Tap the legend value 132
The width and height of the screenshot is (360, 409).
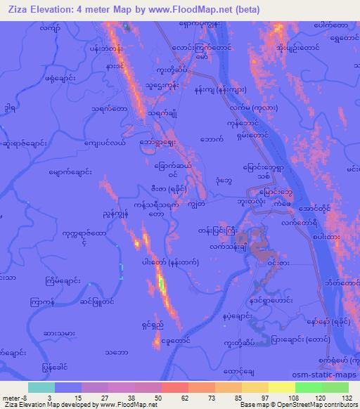click(346, 397)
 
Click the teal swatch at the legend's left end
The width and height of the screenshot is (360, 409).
click(40, 387)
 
